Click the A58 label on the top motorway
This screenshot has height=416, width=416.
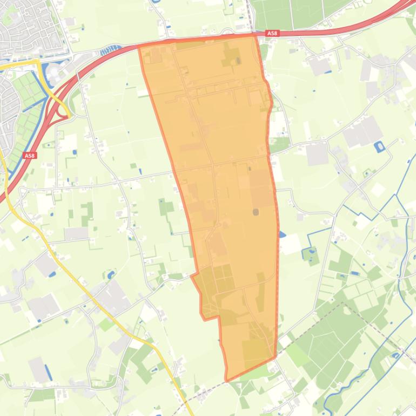[272, 33]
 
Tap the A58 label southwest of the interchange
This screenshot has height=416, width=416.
[29, 156]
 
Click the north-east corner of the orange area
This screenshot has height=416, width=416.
[254, 36]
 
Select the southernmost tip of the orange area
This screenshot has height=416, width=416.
[227, 380]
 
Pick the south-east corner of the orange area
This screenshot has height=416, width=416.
[275, 356]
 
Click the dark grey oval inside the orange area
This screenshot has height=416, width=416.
[256, 212]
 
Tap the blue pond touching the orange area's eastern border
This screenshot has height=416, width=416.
[282, 234]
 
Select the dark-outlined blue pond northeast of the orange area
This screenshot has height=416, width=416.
[379, 146]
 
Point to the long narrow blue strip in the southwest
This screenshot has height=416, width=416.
[48, 372]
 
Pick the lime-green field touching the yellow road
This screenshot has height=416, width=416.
[105, 324]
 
